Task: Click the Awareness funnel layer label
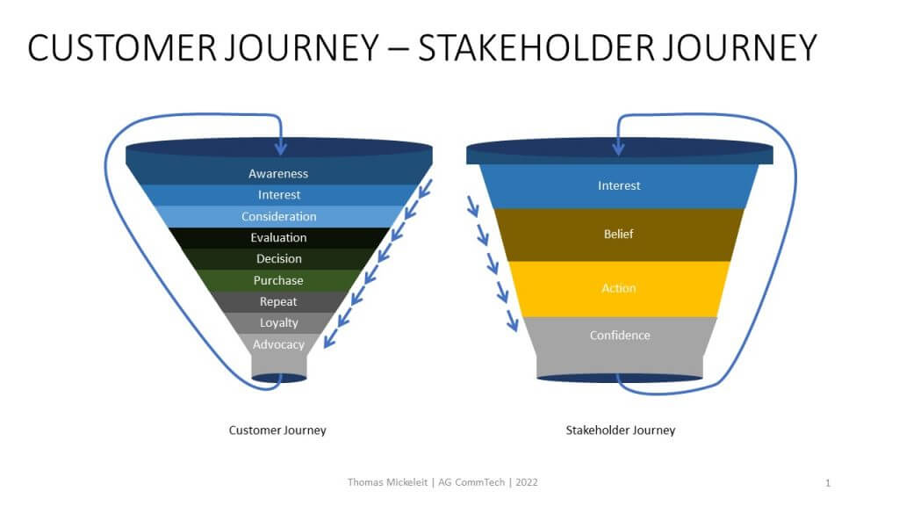278,173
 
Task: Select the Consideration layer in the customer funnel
278,216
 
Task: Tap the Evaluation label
278,237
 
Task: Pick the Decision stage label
278,259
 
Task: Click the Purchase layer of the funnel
278,280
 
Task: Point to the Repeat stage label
278,302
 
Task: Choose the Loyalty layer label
278,323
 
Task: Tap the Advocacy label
278,344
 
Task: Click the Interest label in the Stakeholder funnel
619,185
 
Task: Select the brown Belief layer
619,235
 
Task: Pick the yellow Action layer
619,288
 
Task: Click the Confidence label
620,335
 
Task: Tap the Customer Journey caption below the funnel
277,430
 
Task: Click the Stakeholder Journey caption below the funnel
621,430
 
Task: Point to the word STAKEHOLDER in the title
536,47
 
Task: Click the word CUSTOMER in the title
122,47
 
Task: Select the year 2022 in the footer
527,482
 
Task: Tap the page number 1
827,483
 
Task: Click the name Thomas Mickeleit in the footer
387,482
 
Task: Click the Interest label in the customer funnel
278,194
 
